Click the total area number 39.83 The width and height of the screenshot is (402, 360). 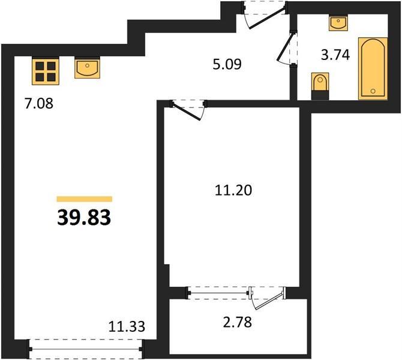pos(84,218)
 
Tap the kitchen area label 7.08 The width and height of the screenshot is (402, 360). pos(39,104)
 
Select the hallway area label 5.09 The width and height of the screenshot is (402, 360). pos(227,64)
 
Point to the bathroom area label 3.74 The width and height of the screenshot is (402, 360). pos(335,55)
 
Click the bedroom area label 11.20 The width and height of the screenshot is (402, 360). pos(233,191)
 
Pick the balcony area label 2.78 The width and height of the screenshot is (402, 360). pos(238,322)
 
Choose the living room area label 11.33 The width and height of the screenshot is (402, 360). pos(127,326)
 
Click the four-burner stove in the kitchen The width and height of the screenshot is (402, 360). pos(46,71)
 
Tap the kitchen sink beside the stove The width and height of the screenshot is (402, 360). pos(87,68)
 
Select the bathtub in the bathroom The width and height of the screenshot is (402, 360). pos(373,68)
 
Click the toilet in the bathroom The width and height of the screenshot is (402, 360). pos(320,86)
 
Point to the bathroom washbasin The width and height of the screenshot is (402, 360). pos(338,23)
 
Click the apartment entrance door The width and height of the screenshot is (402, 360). pos(265,16)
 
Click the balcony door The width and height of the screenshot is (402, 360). pos(268,298)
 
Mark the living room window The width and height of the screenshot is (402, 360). pos(86,349)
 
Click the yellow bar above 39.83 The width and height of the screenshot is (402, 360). pos(85,199)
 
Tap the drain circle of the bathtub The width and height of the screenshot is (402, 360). pos(373,91)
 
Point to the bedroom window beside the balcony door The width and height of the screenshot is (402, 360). pos(218,293)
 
